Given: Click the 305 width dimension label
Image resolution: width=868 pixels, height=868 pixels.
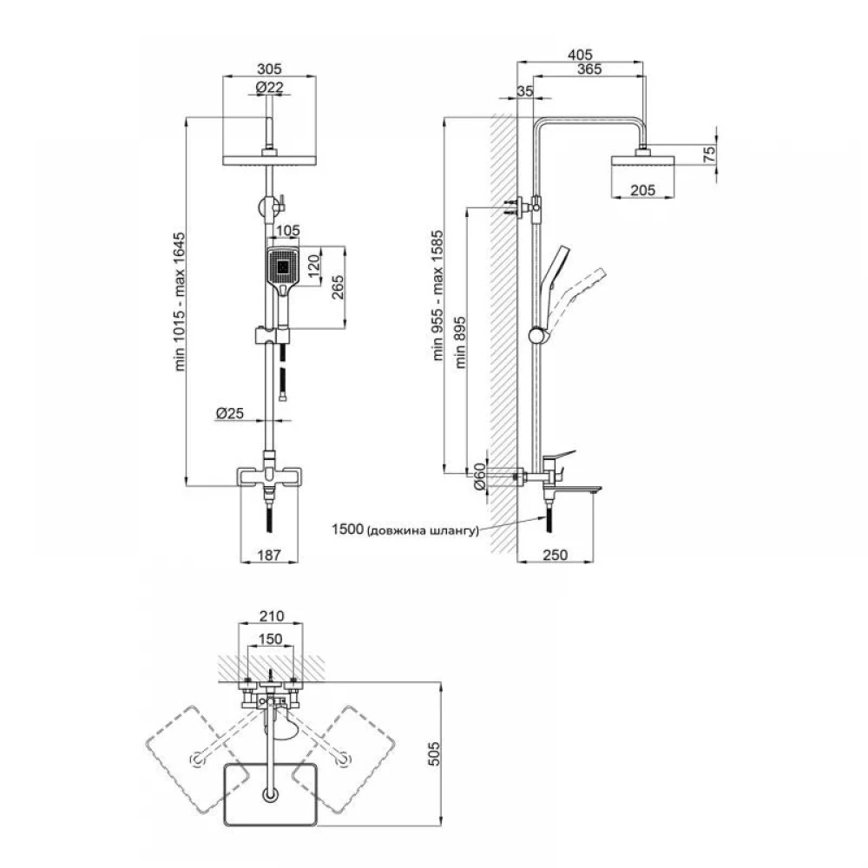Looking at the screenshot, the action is (270, 69).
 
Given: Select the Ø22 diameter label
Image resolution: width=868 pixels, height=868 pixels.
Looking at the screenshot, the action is (270, 88).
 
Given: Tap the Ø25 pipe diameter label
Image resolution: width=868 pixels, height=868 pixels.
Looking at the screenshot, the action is (230, 413).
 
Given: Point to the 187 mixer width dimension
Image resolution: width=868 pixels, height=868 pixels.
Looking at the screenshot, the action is (270, 555).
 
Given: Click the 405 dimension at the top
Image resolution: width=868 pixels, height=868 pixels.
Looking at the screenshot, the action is (580, 55).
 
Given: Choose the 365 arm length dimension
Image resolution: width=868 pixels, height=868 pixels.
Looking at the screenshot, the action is (589, 69).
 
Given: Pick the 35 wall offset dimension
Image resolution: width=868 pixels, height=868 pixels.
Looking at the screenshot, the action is (524, 91).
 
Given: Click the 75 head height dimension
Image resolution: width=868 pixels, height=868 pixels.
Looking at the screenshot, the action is (709, 155).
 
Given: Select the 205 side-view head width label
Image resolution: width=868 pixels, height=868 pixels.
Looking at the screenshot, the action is (642, 190).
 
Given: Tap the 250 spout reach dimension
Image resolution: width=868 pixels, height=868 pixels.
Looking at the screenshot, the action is (556, 555).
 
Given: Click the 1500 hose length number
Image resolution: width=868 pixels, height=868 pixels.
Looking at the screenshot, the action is (347, 529).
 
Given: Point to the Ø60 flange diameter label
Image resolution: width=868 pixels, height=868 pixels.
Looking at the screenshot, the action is (479, 476).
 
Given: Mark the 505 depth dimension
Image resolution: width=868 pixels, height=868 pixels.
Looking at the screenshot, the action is (435, 754).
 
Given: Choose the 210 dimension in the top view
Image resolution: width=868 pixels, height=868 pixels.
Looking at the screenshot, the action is (271, 615).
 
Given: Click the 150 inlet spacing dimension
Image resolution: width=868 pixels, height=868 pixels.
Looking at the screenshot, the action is (271, 639).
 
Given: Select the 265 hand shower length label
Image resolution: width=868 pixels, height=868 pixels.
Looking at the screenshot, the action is (337, 286).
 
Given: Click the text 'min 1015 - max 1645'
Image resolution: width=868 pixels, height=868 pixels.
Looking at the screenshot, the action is (181, 302).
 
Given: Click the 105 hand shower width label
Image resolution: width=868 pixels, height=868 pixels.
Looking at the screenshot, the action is (287, 230).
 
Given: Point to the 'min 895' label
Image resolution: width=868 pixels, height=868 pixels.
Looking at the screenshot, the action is (460, 342).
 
